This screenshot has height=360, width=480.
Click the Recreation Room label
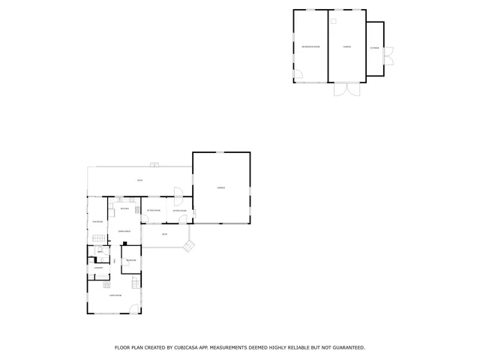point(310,46)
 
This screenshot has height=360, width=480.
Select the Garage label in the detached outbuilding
point(347,46)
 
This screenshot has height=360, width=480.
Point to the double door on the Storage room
point(388,54)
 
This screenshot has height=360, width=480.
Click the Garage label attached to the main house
point(220,187)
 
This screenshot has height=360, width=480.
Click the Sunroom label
point(97,221)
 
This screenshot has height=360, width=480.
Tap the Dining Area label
point(124,231)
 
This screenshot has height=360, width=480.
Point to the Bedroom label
point(130,260)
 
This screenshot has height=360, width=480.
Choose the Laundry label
point(97,267)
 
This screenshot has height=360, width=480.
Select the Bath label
point(100,251)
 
